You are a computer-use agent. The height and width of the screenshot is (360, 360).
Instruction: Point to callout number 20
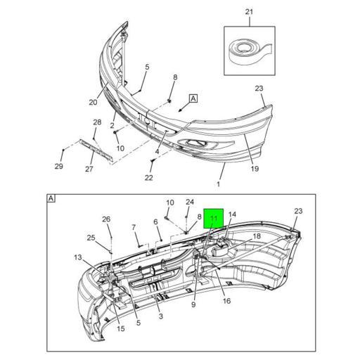(93, 102)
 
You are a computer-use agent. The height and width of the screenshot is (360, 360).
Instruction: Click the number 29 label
(59, 166)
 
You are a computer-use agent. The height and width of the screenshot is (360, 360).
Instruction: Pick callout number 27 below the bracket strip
(89, 169)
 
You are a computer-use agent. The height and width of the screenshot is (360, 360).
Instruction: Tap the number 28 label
(97, 123)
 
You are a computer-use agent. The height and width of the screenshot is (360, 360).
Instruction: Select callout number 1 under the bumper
(218, 184)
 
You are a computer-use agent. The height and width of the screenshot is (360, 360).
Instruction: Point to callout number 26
(106, 219)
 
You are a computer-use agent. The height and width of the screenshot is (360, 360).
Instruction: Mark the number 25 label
(91, 237)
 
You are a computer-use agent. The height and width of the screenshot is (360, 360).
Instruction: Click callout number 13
(77, 257)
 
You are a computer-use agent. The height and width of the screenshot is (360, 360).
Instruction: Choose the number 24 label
(189, 202)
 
